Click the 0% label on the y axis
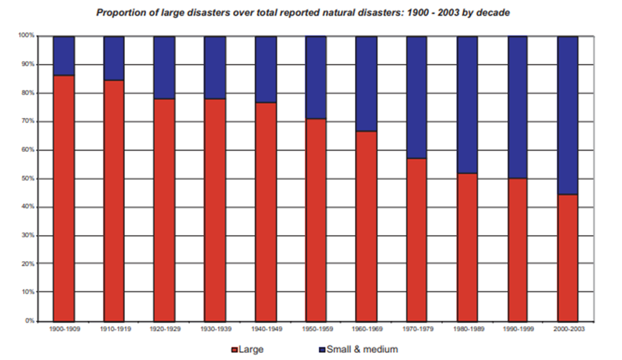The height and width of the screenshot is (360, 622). (x=31, y=321)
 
